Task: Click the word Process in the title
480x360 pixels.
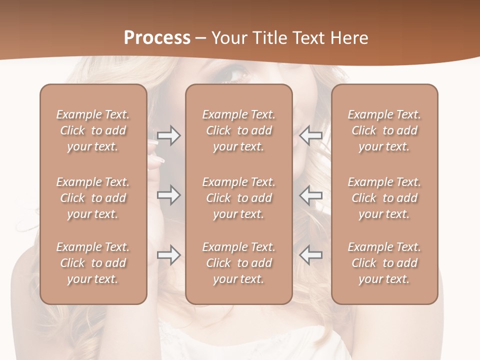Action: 157,38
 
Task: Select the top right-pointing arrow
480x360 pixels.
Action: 168,135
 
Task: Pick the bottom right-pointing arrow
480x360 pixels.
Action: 168,255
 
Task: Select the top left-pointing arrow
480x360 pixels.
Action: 311,135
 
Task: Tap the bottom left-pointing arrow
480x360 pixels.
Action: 311,255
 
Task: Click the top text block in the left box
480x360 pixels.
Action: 93,130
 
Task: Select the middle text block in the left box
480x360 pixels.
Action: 93,198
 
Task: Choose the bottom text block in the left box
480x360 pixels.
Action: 93,263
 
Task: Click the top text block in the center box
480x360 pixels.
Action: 239,130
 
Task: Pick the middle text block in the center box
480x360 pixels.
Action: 239,198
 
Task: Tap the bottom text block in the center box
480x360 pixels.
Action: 239,263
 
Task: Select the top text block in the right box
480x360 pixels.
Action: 384,130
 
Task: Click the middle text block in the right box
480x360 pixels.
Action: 384,198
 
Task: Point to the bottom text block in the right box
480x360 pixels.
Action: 384,263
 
